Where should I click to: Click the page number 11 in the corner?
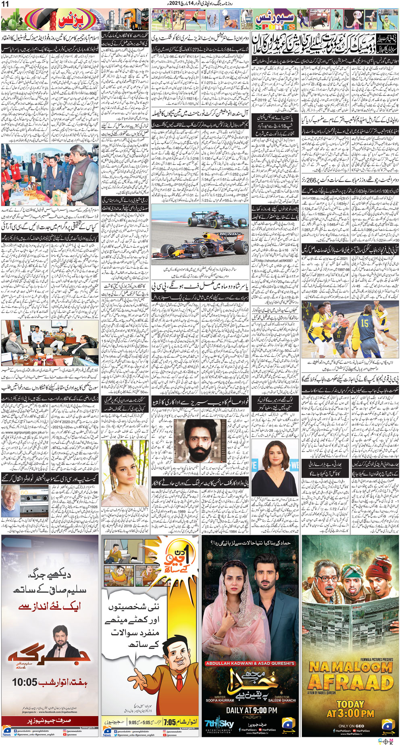pos(6,4)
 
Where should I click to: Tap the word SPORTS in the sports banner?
pos(275,27)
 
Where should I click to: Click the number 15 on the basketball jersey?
pos(364,323)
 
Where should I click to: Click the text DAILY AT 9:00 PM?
pos(251,710)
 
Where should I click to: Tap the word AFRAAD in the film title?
pos(351,683)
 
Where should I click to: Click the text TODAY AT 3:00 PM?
pos(351,709)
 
